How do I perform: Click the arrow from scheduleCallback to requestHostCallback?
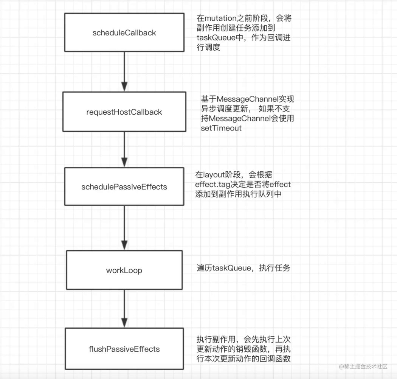[x=124, y=71]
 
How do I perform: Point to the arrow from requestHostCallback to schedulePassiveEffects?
[x=124, y=149]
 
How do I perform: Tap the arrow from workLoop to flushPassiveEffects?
[x=124, y=309]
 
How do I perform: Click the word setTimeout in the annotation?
[x=221, y=128]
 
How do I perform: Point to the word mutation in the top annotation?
[x=219, y=19]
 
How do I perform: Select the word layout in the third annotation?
[x=215, y=175]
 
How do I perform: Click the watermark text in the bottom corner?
[x=363, y=367]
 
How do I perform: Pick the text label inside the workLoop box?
[x=124, y=270]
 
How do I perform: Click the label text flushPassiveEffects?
[x=124, y=349]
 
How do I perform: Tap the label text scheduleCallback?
[x=124, y=33]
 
